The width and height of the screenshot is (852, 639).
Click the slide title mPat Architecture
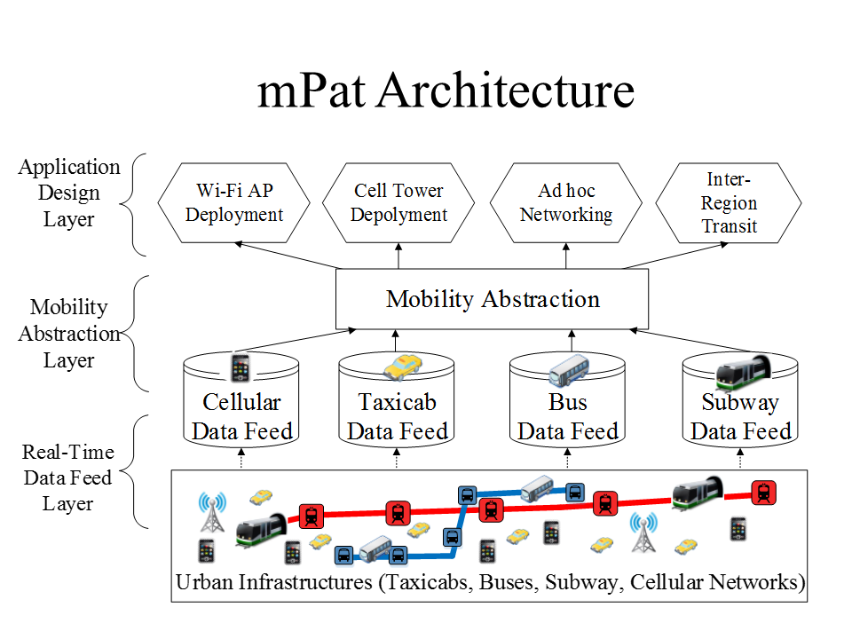[446, 91]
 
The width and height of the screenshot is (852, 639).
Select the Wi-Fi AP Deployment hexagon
[234, 202]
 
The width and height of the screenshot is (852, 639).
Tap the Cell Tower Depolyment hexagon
[398, 202]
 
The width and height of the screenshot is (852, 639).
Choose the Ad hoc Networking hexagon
[565, 202]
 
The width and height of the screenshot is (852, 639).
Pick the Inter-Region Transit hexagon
[729, 203]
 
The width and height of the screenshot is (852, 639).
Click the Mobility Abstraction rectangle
[493, 299]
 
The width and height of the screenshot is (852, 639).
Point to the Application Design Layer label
[69, 193]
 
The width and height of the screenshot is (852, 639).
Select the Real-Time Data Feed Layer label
[67, 477]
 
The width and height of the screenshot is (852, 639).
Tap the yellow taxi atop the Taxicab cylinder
[403, 366]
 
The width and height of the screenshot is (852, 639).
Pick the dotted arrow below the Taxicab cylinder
[397, 458]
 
